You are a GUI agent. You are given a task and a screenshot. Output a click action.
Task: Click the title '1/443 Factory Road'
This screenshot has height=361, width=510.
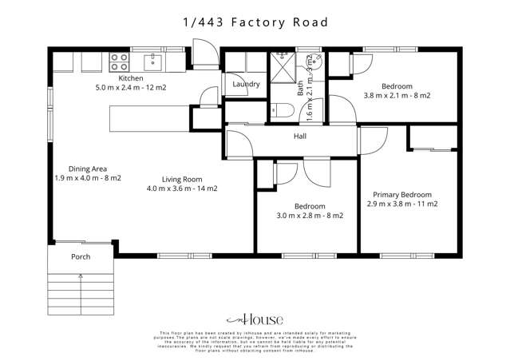254,22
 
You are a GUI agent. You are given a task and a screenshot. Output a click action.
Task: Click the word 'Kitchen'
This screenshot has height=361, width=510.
131,78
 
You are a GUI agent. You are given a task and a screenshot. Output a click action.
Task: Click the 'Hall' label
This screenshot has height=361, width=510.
299,137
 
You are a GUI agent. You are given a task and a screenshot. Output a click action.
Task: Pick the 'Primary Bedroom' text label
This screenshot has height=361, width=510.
402,195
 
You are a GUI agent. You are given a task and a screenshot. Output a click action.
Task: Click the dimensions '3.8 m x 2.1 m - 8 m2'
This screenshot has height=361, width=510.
397,95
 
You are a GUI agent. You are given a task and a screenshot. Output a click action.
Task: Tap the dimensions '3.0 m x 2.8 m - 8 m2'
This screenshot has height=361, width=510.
310,216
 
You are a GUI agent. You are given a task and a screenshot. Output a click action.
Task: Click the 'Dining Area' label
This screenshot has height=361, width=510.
88,169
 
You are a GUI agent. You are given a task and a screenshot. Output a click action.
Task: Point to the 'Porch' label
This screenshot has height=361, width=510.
81,257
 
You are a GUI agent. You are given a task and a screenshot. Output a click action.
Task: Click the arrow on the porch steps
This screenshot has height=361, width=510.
80,278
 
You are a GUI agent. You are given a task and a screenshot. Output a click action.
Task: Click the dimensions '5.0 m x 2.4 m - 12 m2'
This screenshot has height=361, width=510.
130,88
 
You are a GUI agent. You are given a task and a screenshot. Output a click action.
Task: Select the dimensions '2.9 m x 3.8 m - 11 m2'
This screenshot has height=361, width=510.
402,204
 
